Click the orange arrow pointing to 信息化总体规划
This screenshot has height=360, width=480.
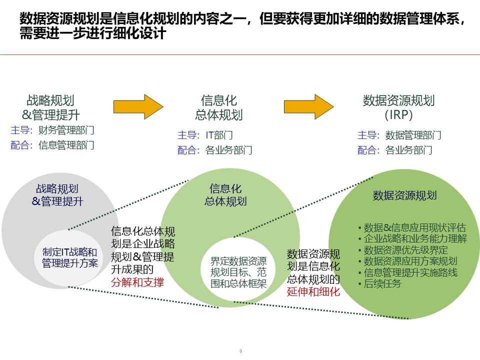coord(138,106)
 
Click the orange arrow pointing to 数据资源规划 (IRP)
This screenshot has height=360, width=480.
coord(308,106)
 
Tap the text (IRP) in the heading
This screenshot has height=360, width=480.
coord(398,115)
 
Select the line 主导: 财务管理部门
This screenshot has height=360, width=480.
coord(52,130)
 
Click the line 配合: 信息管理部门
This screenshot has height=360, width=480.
coord(52,145)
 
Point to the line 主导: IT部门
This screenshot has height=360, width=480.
coord(205,135)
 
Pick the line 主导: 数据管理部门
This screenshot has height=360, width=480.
coord(399,135)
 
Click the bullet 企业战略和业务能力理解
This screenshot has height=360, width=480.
coord(412,238)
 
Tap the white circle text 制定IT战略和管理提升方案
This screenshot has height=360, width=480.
coord(70,257)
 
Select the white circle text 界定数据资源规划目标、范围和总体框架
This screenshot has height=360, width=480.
coord(238,272)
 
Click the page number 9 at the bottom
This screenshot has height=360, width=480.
coord(240,351)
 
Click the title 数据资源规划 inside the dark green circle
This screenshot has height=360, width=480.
coord(405,195)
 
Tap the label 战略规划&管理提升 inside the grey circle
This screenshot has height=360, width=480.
coord(57,195)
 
